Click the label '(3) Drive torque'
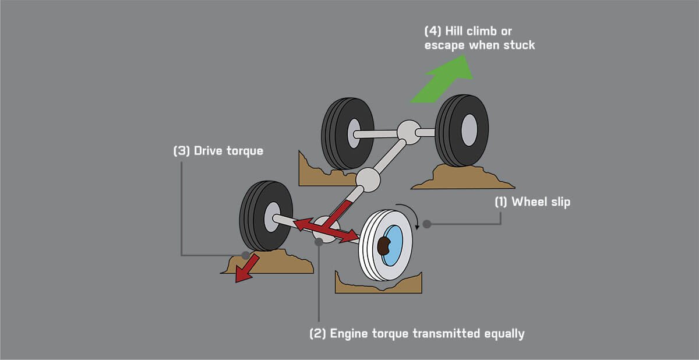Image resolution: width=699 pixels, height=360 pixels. coord(218,151)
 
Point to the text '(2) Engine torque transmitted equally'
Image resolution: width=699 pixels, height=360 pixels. coord(416,334)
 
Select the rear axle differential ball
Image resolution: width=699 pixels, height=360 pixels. coord(408,132)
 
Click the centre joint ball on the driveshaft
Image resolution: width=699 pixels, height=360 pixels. coord(368,180)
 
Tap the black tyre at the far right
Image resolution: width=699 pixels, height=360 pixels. coord(462,130)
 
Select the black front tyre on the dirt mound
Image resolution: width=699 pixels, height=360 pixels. coord(266,216)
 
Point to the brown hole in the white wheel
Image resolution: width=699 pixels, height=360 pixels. coord(384,246)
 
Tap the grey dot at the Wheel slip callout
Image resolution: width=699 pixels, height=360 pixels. coord(427,224)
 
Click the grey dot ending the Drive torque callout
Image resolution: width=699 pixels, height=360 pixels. coord(245,255)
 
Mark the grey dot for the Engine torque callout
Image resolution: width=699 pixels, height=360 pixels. coord(319,242)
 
